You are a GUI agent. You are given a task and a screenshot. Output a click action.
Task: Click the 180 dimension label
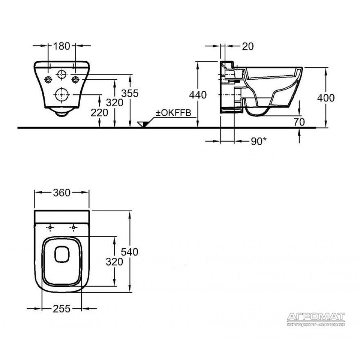pyautogui.click(x=62, y=46)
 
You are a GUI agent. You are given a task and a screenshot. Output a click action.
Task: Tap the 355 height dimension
pyautogui.click(x=130, y=94)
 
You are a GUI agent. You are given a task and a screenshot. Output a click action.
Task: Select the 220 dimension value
pyautogui.click(x=99, y=113)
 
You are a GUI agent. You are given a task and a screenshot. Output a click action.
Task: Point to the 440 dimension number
pyautogui.click(x=198, y=95)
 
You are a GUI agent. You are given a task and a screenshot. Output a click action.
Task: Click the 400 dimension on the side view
pyautogui.click(x=326, y=98)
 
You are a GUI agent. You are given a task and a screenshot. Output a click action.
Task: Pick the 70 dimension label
pyautogui.click(x=299, y=122)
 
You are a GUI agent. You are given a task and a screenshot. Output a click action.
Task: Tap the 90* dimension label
pyautogui.click(x=259, y=141)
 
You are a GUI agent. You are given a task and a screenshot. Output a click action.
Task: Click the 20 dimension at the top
pyautogui.click(x=248, y=46)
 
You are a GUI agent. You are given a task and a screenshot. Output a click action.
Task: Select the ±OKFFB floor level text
pyautogui.click(x=174, y=113)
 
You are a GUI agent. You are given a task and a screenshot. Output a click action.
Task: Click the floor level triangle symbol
pyautogui.click(x=143, y=124)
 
